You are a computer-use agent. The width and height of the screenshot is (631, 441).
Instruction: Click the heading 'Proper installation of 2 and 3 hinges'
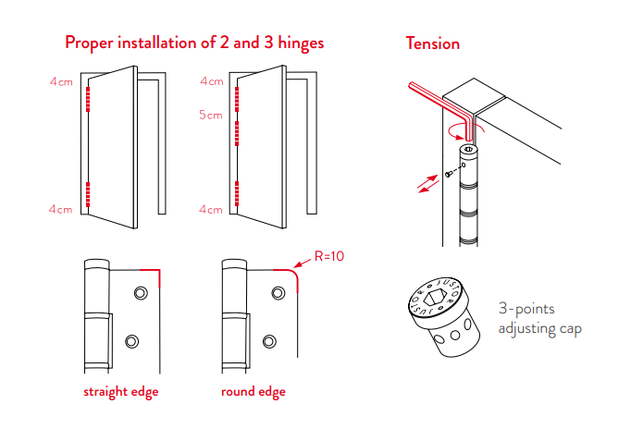[x=194, y=43]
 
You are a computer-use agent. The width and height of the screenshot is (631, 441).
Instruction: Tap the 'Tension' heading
[x=432, y=43]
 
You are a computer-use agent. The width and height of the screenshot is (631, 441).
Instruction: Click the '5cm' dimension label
[x=211, y=116]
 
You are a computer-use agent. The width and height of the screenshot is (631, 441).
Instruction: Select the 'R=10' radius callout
[x=328, y=256]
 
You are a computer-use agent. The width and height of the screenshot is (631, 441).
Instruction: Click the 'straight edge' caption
[x=120, y=392]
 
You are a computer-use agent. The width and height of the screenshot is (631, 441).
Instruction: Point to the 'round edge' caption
[x=253, y=392]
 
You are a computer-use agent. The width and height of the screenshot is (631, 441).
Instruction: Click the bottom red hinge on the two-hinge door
[x=87, y=195]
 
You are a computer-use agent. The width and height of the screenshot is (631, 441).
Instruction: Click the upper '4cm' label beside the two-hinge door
[x=61, y=81]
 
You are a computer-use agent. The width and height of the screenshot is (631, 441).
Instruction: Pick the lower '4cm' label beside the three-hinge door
[x=211, y=210]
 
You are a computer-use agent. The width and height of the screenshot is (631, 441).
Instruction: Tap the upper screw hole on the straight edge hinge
[x=140, y=293]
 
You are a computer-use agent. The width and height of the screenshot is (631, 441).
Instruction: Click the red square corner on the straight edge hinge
[x=158, y=275]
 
